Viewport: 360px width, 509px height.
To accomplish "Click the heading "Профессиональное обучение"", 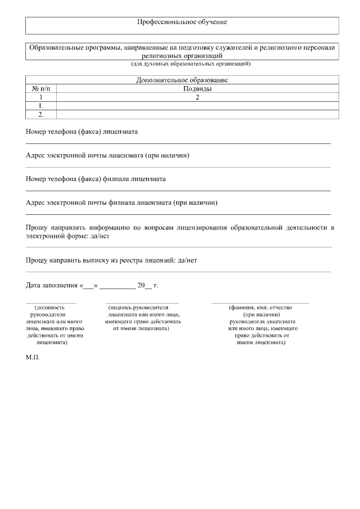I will [x=182, y=22].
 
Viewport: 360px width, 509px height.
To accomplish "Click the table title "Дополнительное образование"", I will [x=182, y=80].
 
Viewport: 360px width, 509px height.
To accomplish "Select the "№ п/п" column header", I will [x=41, y=89].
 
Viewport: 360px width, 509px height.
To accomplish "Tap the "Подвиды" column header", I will [x=197, y=89].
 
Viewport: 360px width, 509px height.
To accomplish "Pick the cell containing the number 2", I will [x=197, y=97].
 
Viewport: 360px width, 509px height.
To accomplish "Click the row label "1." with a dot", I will [x=41, y=106].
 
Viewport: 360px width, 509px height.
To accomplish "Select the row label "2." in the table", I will [x=41, y=114].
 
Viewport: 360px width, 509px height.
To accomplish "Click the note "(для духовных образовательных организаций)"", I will [x=182, y=64].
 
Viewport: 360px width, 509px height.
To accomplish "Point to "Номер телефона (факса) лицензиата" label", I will [x=82, y=132].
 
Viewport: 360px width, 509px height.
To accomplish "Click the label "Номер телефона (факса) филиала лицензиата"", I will [x=96, y=179].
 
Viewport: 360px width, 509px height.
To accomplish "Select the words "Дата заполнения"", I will [x=51, y=286].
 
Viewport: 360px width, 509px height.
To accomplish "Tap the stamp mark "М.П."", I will [x=33, y=357].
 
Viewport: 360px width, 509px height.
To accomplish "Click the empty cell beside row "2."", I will [x=197, y=114].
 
